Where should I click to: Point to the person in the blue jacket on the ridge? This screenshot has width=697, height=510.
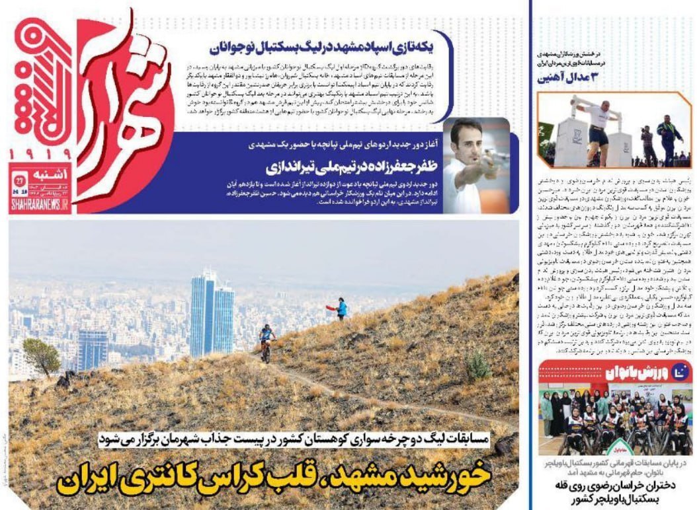point(341,309)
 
